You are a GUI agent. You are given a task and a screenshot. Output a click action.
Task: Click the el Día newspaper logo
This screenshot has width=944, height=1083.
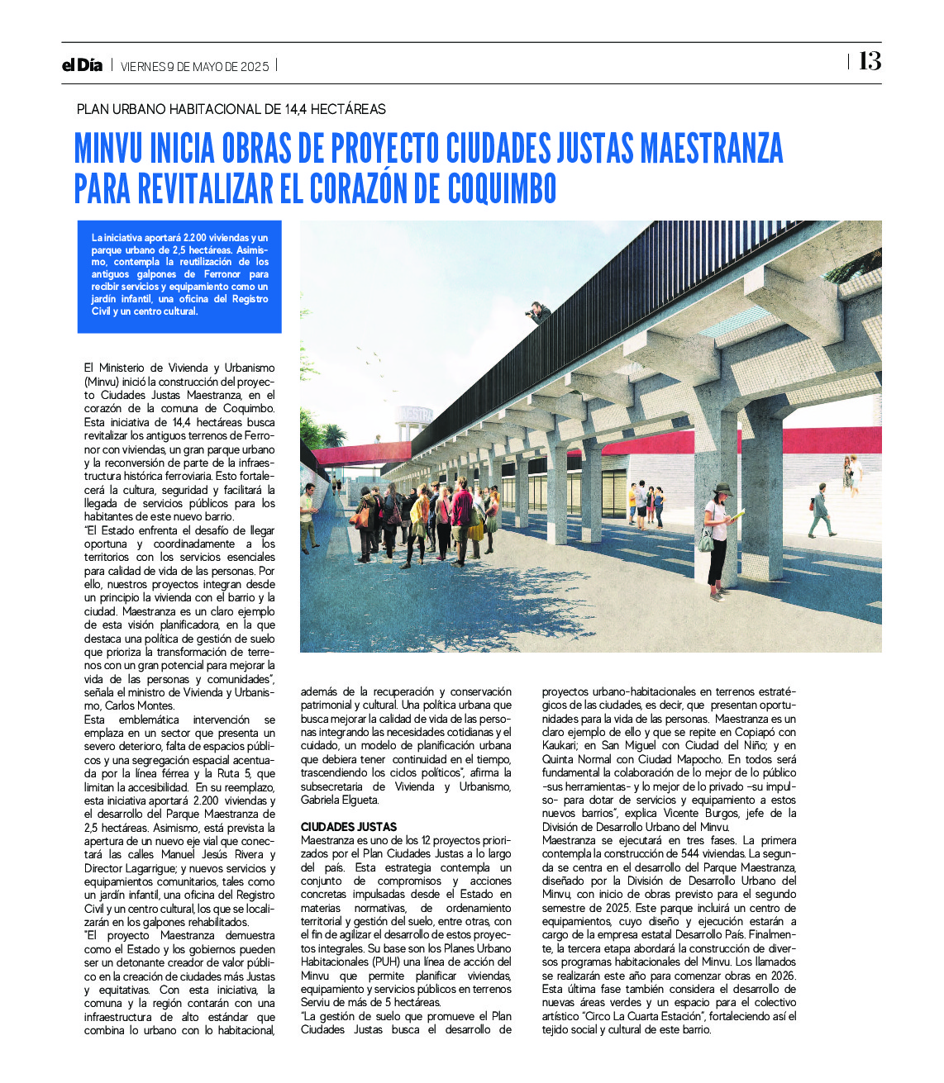click(x=82, y=65)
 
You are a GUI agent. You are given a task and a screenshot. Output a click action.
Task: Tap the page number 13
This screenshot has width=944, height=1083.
click(x=870, y=61)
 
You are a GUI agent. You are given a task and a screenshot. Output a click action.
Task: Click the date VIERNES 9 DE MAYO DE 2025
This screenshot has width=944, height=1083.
click(x=195, y=67)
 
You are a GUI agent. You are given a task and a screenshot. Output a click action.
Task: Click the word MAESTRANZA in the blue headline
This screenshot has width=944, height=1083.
click(x=712, y=149)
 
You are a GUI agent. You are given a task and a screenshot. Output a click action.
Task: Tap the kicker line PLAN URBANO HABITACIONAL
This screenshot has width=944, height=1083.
click(x=231, y=109)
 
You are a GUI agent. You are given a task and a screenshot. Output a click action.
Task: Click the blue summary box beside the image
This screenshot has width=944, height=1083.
click(x=179, y=276)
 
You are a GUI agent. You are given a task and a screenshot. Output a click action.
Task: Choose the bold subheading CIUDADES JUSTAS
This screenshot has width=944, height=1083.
click(x=349, y=826)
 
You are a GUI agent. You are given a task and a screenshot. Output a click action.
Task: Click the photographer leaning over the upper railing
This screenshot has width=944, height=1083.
click(x=539, y=312)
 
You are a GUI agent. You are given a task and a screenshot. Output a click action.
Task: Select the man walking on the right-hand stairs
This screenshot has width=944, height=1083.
click(x=821, y=510)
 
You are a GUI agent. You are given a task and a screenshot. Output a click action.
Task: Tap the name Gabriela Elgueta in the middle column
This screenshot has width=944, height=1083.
click(x=340, y=800)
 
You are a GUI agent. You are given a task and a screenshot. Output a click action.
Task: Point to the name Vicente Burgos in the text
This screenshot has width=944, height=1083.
click(x=727, y=814)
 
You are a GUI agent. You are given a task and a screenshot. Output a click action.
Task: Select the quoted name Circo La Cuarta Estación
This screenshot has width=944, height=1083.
click(x=634, y=1016)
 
